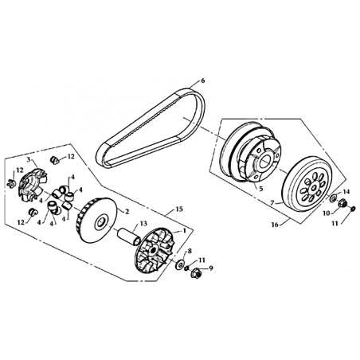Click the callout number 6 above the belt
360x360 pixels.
tap(203, 80)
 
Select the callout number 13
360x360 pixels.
tap(143, 224)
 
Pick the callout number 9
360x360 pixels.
tap(211, 268)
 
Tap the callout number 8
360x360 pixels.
tap(190, 251)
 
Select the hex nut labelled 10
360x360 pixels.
tap(342, 203)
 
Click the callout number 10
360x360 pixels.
tap(327, 213)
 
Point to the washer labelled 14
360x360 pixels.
tap(334, 198)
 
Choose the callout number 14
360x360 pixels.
tap(346, 191)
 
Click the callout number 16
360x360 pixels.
tap(275, 225)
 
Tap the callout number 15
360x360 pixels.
tap(179, 209)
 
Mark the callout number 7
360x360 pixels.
tap(272, 203)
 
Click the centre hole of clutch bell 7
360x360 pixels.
tap(314, 188)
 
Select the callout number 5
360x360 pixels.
tap(261, 189)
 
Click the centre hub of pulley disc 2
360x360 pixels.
tap(101, 222)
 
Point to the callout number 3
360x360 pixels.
tap(29, 159)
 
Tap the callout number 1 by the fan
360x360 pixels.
tap(182, 230)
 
